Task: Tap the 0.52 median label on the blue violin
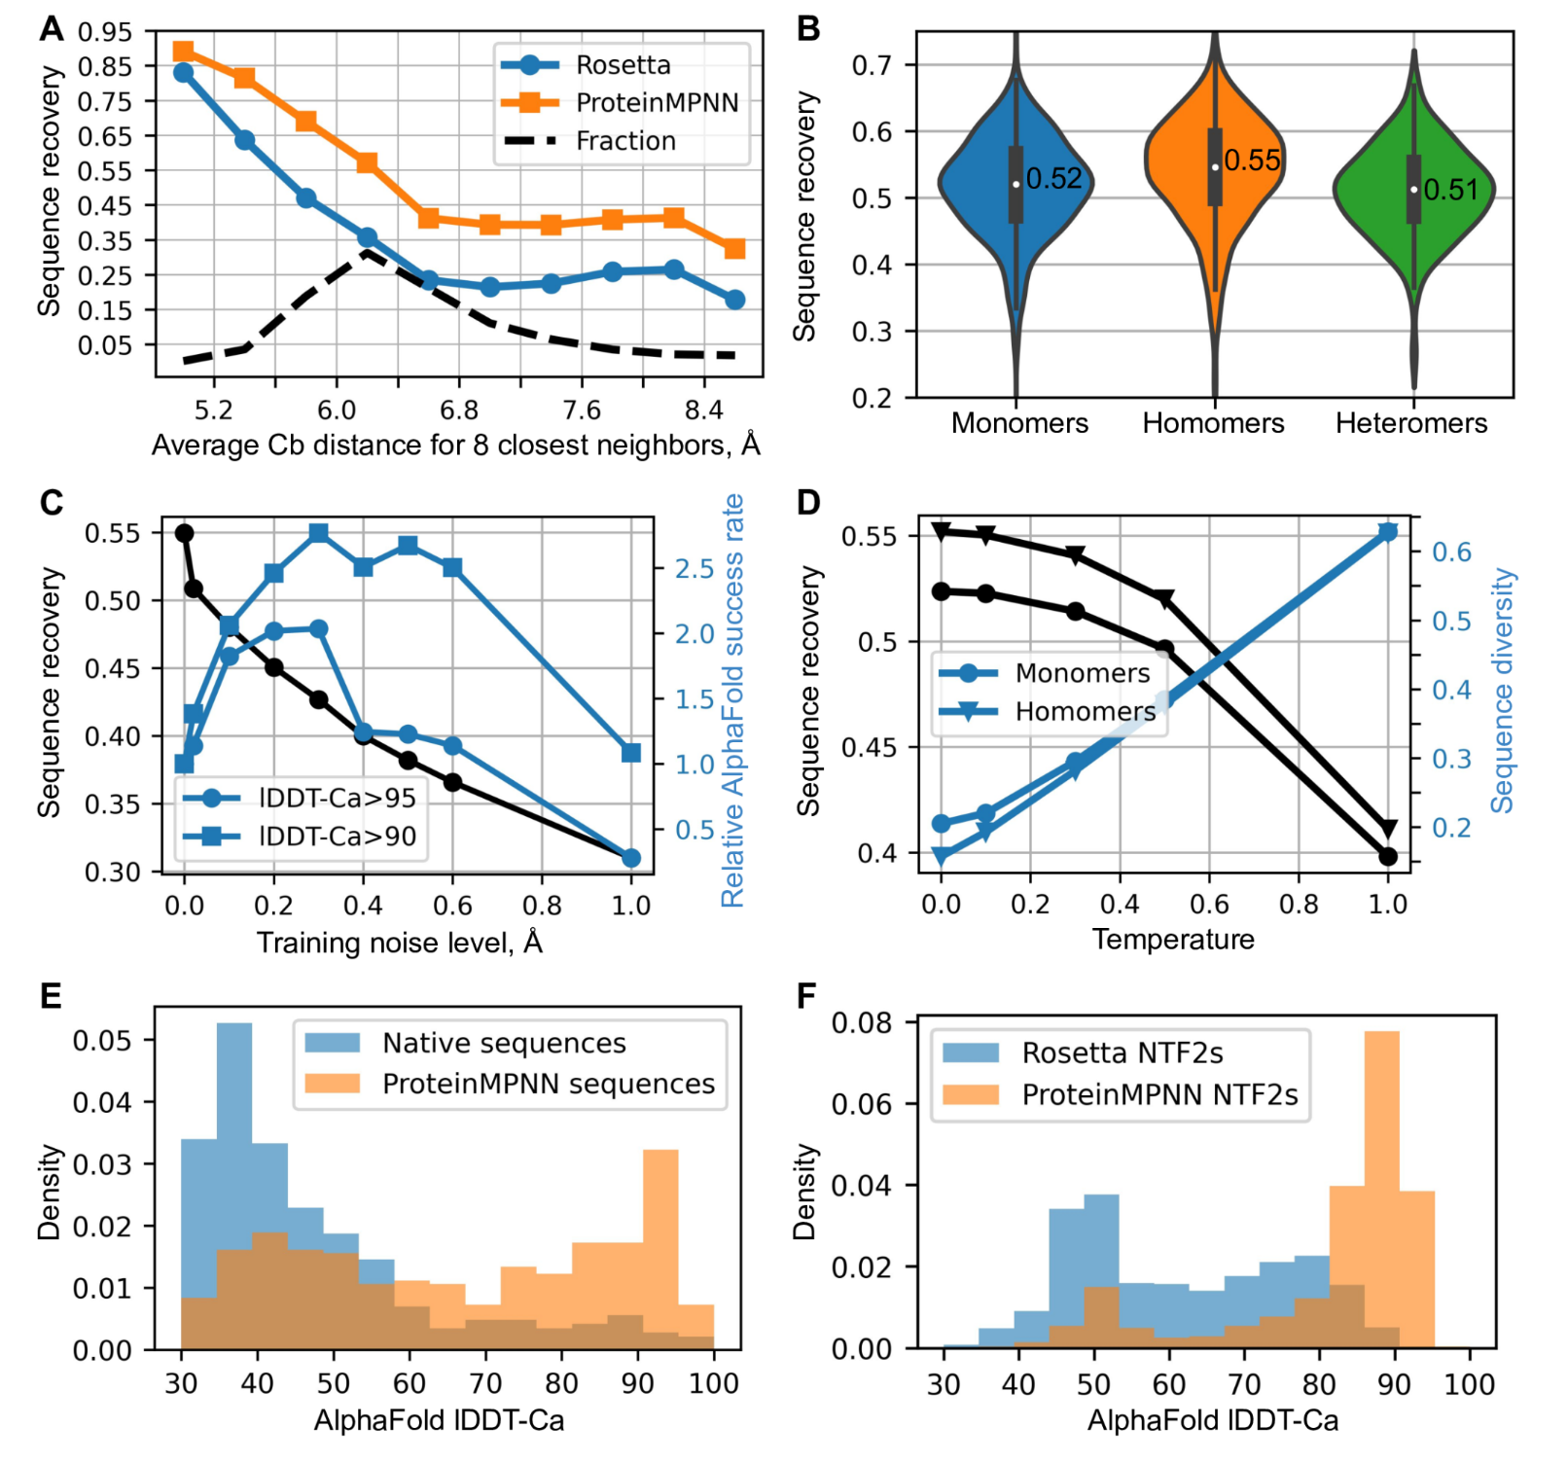(1053, 179)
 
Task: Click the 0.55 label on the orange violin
(1252, 160)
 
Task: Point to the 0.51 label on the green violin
(1450, 190)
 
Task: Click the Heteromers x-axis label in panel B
(1410, 423)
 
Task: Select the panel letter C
(52, 503)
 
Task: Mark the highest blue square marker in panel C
(318, 533)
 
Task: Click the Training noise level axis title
(399, 943)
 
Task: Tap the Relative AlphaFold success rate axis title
(732, 700)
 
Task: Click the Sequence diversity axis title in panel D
(1504, 691)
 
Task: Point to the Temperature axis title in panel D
(1172, 940)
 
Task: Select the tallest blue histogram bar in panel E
(233, 1167)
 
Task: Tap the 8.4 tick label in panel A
(703, 410)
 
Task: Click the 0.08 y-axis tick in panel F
(862, 1022)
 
